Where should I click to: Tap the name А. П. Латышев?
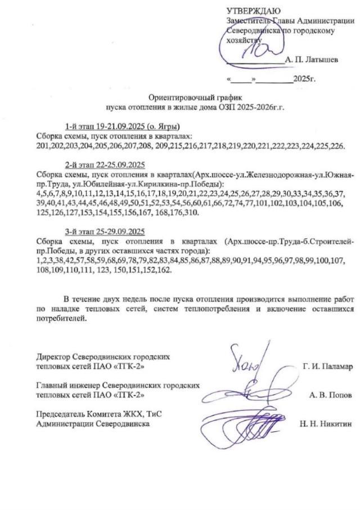tap(312, 59)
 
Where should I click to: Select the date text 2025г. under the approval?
tap(304, 79)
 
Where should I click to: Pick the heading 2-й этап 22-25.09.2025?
tap(106, 165)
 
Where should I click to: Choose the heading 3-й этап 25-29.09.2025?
tap(106, 231)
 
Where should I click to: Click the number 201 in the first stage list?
tap(42, 146)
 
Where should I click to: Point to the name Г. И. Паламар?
tap(327, 366)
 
